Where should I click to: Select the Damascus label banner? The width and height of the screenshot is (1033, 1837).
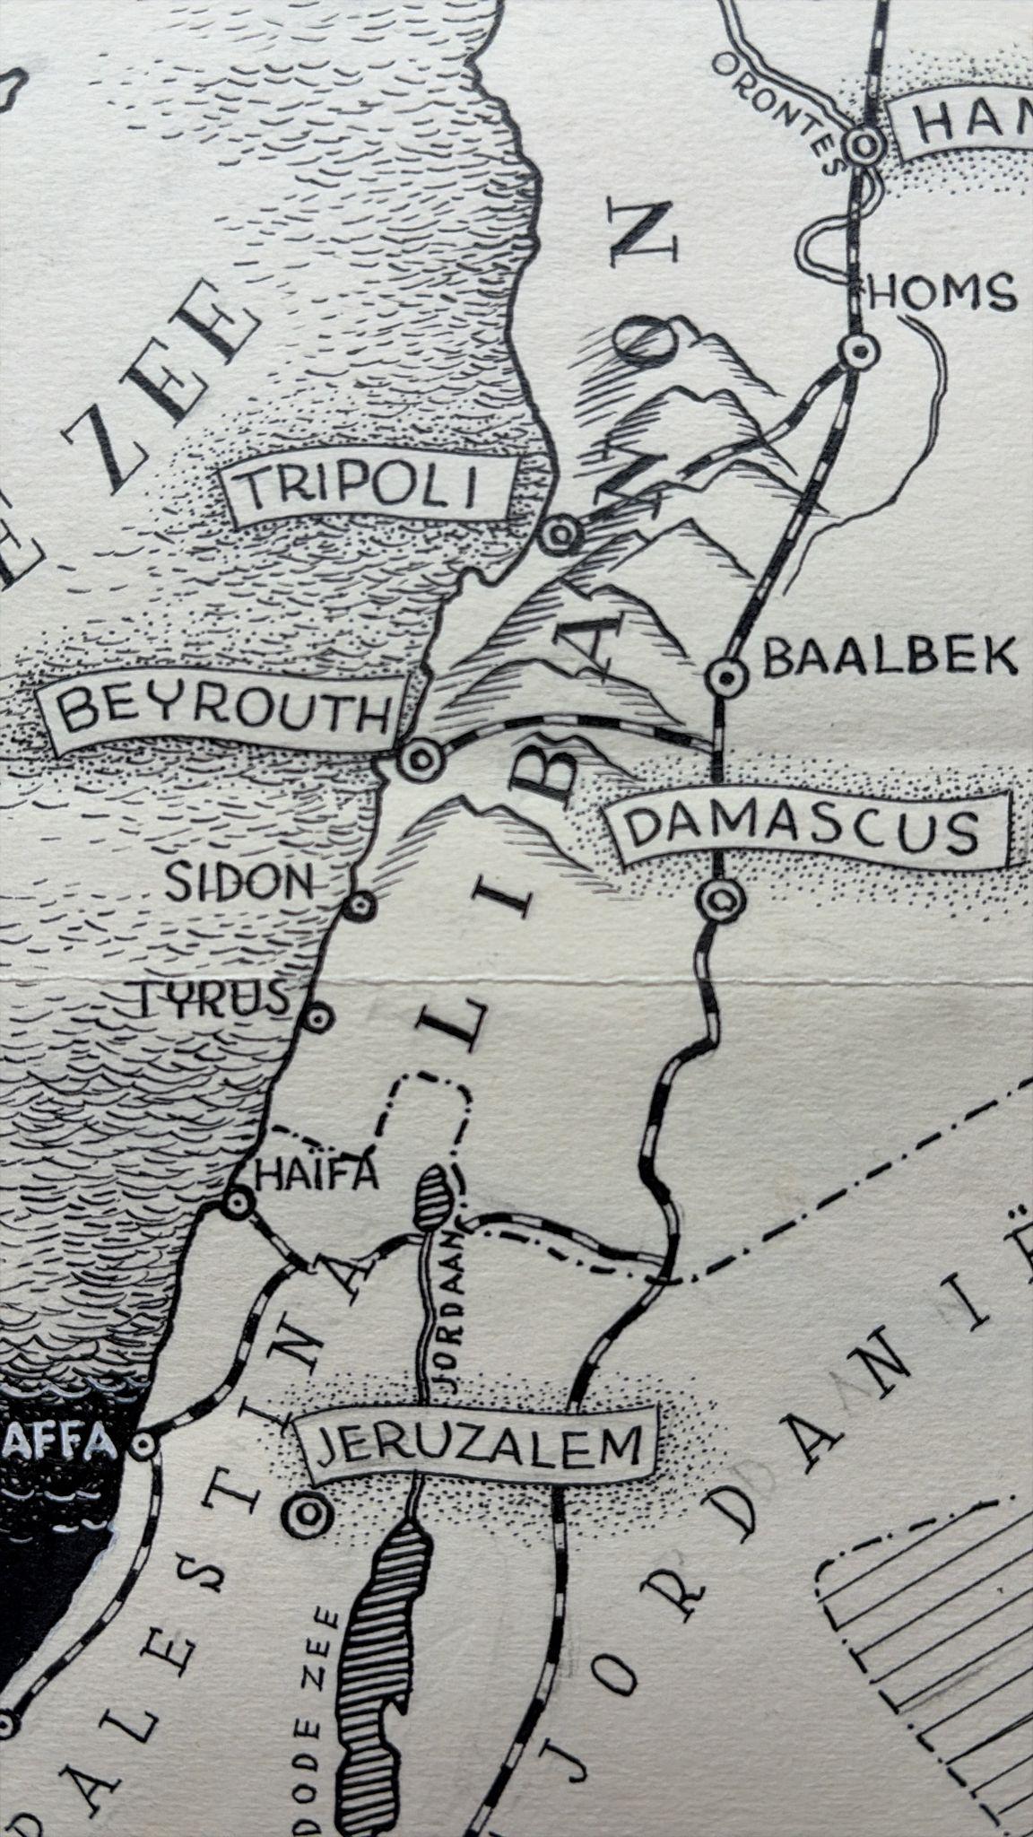(801, 829)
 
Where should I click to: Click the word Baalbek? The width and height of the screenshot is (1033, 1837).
(890, 657)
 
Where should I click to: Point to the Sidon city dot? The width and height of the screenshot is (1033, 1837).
(360, 904)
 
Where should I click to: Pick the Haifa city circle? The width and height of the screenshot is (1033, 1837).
(239, 1204)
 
